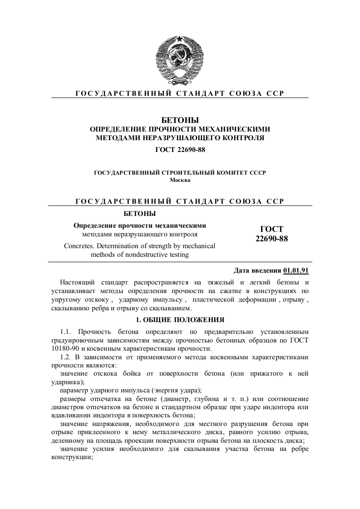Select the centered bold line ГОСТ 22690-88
coord(180,149)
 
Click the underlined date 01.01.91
coord(296,271)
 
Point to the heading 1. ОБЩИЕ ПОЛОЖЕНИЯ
coord(180,319)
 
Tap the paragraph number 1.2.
coord(66,357)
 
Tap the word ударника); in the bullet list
coord(68,382)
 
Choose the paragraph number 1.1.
coord(66,332)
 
